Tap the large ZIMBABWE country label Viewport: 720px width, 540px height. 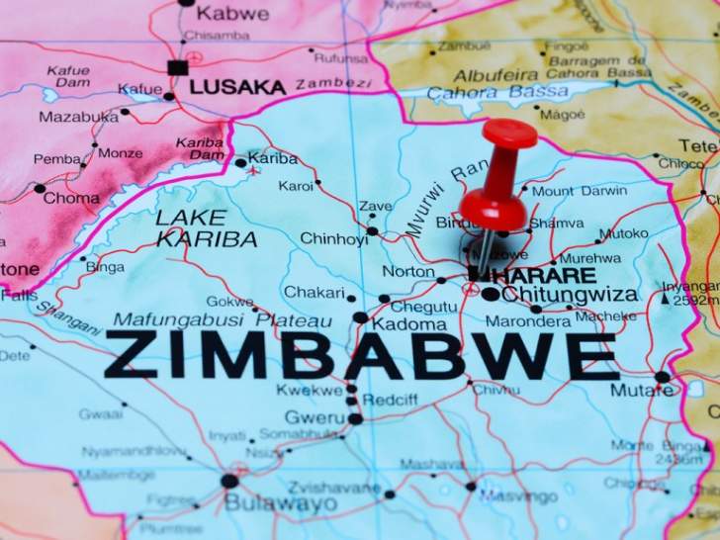pyautogui.click(x=361, y=356)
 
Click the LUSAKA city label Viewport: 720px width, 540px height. pyautogui.click(x=237, y=87)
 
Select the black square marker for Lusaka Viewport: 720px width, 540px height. pyautogui.click(x=177, y=68)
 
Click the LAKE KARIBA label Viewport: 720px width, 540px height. pyautogui.click(x=206, y=227)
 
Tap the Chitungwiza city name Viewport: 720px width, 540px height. pyautogui.click(x=572, y=294)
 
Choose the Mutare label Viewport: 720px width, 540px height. pyautogui.click(x=641, y=390)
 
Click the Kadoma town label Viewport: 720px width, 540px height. pyautogui.click(x=408, y=324)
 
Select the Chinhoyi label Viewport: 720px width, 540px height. pyautogui.click(x=333, y=238)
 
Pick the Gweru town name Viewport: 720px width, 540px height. pyautogui.click(x=313, y=416)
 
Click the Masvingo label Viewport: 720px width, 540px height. pyautogui.click(x=519, y=495)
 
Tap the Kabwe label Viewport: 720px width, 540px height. pyautogui.click(x=232, y=13)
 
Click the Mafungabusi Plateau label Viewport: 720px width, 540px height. pyautogui.click(x=223, y=320)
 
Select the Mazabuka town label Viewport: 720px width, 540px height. pyautogui.click(x=77, y=117)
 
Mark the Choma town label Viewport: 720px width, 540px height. pyautogui.click(x=71, y=198)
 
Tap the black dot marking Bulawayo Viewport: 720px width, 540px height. pyautogui.click(x=229, y=481)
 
